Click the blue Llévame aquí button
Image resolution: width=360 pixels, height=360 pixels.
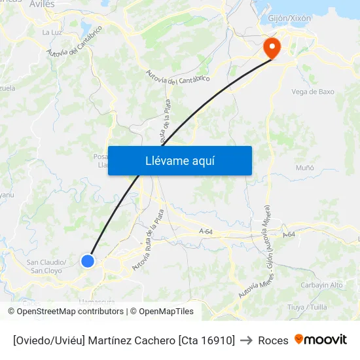179,160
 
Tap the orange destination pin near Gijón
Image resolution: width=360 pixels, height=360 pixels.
270,47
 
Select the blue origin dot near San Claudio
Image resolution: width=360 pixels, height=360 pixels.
88,261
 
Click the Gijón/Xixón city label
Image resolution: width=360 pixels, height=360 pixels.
289,18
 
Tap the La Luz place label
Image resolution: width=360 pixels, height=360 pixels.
51,31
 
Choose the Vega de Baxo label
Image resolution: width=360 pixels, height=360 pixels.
312,92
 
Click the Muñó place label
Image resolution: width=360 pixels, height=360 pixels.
305,168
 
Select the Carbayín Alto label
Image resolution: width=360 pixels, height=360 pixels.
321,285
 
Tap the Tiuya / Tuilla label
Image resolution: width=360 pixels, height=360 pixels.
307,306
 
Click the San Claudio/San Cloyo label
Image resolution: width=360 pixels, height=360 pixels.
46,266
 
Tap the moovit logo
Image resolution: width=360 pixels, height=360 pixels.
321,340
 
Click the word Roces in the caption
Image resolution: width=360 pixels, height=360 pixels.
273,340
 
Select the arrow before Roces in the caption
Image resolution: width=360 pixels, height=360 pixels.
247,340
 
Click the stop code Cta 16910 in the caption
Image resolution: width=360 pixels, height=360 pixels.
206,340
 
